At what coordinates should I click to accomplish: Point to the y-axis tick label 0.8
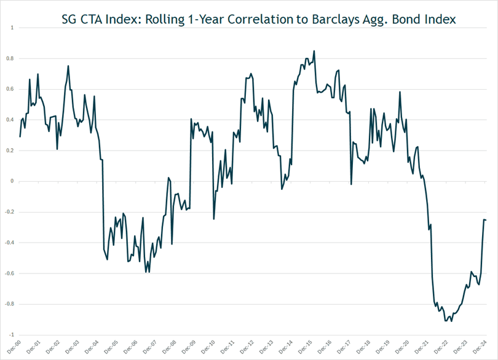[x=9, y=59]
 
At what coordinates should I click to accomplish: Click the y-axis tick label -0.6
[x=8, y=273]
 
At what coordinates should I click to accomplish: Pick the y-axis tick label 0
[x=11, y=181]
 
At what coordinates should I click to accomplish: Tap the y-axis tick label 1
[x=12, y=28]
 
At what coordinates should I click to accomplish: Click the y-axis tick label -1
[x=10, y=335]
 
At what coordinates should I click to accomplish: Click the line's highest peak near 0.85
[x=314, y=51]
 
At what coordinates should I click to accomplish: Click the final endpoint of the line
[x=486, y=220]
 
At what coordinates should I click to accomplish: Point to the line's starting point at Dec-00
[x=20, y=136]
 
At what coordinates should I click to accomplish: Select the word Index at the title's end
[x=439, y=19]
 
